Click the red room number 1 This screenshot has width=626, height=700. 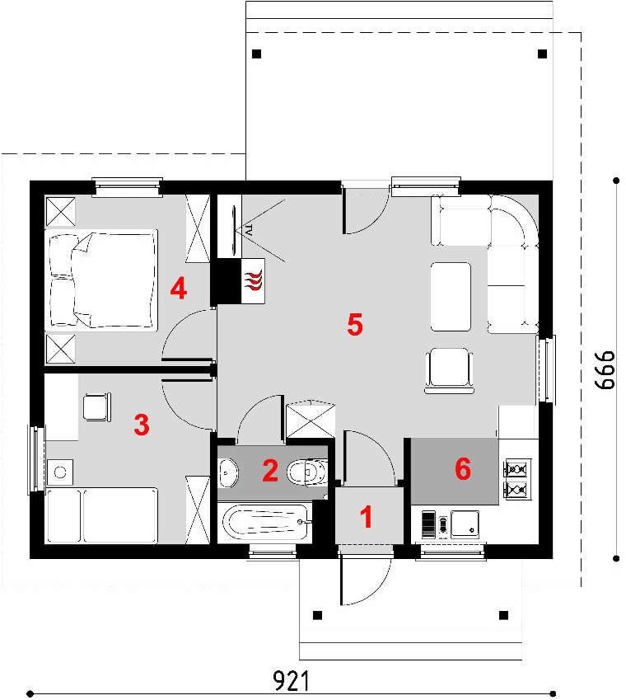point(366,517)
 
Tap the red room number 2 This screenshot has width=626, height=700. point(270,470)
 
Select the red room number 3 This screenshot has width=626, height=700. point(142,425)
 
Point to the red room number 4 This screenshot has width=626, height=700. point(179,288)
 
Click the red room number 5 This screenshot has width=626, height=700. point(355,324)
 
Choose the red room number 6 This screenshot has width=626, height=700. point(463,469)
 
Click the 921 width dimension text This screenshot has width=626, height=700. point(291,681)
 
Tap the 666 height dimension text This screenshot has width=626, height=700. point(605,370)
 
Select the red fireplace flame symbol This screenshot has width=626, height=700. point(253,281)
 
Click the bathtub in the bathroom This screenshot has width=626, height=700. point(266,522)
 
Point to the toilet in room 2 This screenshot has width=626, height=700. point(308,472)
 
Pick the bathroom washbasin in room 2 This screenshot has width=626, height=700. point(229,472)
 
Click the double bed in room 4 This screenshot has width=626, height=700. point(101,280)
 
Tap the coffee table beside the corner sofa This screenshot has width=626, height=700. point(451,297)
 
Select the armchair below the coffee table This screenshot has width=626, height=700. point(450,370)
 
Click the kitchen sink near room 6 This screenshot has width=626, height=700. point(465,524)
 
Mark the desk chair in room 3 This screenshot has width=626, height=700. point(97,406)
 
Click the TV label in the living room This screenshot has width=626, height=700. point(249,230)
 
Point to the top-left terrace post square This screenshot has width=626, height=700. point(256,54)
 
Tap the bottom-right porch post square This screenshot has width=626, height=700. point(503,615)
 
